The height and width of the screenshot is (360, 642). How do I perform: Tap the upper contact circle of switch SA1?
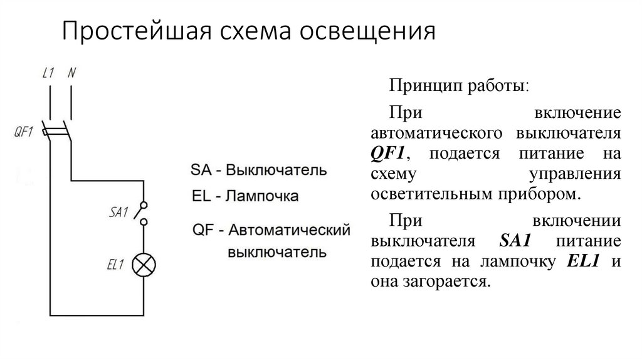[x=144, y=205]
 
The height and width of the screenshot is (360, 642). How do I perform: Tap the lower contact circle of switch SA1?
[x=144, y=221]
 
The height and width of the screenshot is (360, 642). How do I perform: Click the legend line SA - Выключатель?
[x=258, y=170]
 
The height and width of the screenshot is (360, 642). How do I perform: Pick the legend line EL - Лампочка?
[x=245, y=196]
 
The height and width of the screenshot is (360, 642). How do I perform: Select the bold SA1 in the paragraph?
[x=518, y=241]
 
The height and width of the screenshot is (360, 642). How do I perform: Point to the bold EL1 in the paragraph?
[x=583, y=262]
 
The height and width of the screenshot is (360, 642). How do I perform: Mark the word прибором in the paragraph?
[x=545, y=194]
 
